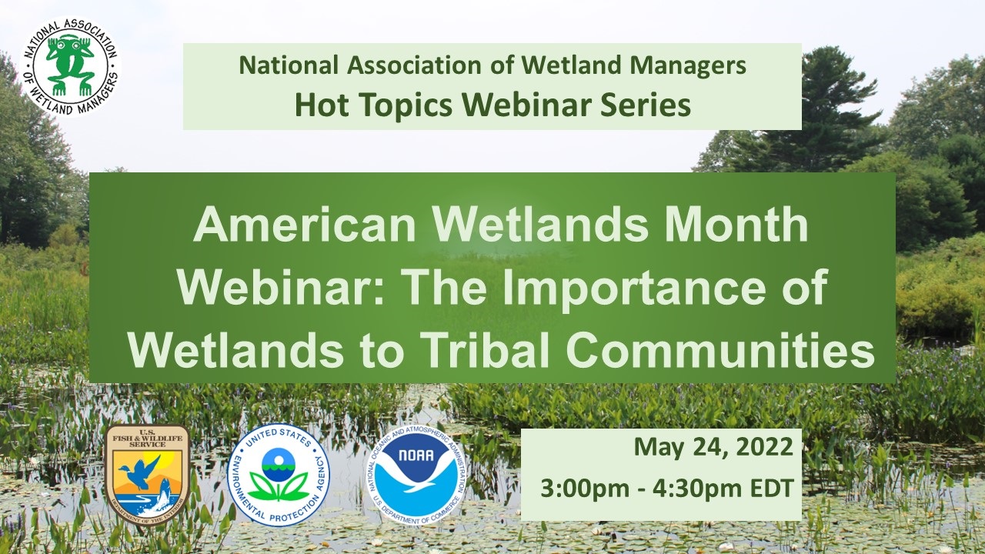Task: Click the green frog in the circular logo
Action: coord(70,66)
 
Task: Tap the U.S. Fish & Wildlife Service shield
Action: coord(147,475)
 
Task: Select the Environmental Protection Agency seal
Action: coord(279,475)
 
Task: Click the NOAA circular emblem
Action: coord(416,475)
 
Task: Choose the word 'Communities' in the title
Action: coord(720,352)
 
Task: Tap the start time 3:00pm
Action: coord(585,489)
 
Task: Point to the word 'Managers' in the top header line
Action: coord(688,66)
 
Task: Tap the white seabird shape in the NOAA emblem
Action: coord(422,475)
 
